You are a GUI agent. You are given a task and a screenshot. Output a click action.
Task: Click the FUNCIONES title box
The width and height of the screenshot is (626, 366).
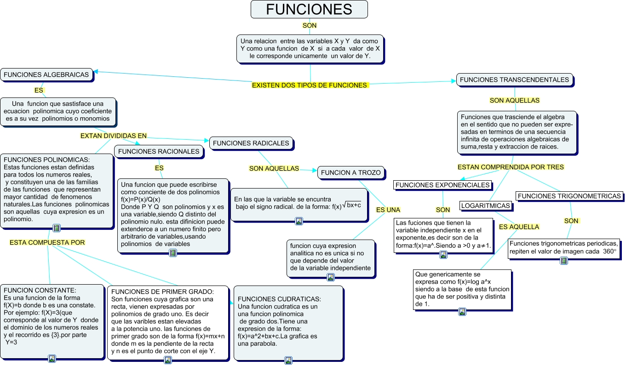point(309,9)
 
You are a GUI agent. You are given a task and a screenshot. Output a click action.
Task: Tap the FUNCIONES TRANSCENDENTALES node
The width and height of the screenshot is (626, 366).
point(514,80)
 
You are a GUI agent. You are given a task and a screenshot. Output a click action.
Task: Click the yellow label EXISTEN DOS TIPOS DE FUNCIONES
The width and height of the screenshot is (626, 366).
point(310,85)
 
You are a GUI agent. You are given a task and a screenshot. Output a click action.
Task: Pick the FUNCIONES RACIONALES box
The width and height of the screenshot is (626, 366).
point(159,151)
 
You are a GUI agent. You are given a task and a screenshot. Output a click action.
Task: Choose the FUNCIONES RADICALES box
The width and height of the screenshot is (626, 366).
point(251,143)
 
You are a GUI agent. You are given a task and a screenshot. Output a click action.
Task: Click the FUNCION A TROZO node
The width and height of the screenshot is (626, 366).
point(350,172)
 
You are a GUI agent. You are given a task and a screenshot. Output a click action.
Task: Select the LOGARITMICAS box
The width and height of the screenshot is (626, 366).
point(485,206)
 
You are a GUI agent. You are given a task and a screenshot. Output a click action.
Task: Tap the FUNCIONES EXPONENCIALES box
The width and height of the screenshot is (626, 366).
point(442,185)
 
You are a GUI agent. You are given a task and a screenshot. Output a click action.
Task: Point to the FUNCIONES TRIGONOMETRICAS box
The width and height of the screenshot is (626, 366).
point(569,196)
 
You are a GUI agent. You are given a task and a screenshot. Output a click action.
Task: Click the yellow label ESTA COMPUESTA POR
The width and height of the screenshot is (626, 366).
point(47,242)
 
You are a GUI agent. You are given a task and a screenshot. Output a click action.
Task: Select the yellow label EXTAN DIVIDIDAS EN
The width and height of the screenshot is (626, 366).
point(113,136)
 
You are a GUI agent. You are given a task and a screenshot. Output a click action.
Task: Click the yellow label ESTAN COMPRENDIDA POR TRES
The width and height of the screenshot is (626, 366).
point(511,167)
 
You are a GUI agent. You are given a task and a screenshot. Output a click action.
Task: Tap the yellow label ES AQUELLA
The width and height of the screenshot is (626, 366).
point(519,227)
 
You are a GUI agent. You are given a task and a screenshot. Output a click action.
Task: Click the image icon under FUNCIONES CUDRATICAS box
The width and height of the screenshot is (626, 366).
point(288,360)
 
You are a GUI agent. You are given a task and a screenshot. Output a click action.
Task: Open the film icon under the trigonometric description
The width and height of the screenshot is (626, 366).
point(564,261)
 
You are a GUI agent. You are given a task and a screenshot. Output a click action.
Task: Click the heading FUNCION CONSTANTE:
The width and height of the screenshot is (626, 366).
point(40,290)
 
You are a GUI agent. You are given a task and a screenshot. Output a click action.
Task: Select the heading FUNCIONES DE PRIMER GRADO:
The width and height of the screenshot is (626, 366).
point(162,292)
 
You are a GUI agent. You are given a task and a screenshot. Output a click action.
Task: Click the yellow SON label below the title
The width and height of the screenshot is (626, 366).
point(309,25)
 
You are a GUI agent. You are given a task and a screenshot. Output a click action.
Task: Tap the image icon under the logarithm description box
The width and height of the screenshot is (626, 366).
point(462,312)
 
